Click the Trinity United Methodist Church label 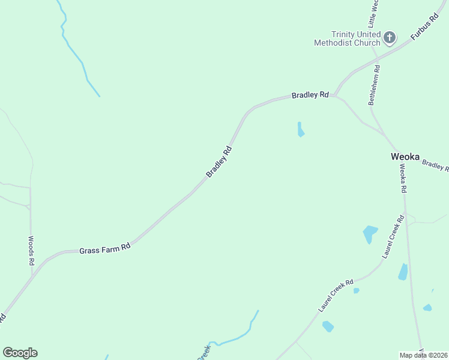(347, 38)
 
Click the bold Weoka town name (405, 156)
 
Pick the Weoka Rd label (403, 179)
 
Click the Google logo (20, 353)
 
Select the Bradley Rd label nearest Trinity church (310, 95)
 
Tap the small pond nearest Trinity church (300, 130)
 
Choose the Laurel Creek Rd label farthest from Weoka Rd (336, 295)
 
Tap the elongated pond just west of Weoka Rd (403, 272)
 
